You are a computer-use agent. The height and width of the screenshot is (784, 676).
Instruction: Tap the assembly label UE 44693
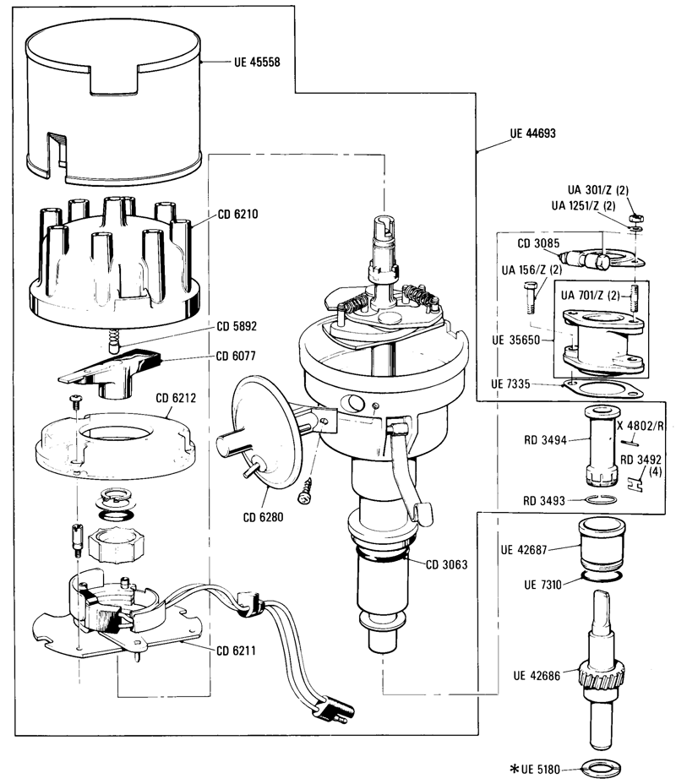click(532, 134)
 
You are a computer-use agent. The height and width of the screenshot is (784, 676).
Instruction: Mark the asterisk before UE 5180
click(512, 770)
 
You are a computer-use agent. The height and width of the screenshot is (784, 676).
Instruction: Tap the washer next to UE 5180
click(601, 769)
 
